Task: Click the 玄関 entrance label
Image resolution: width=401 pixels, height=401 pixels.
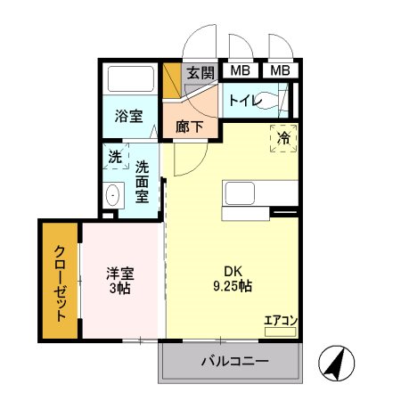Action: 200,72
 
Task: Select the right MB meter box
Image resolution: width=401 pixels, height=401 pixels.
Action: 281,70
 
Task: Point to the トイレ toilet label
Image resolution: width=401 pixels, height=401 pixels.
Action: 244,100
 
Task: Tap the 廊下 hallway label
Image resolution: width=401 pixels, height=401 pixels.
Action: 189,127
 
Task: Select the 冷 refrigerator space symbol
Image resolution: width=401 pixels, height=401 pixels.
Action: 283,138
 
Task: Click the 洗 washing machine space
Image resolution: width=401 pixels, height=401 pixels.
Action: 115,156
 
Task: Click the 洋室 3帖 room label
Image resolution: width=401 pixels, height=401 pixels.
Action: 119,282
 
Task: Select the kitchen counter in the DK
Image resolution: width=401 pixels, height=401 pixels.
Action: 258,193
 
